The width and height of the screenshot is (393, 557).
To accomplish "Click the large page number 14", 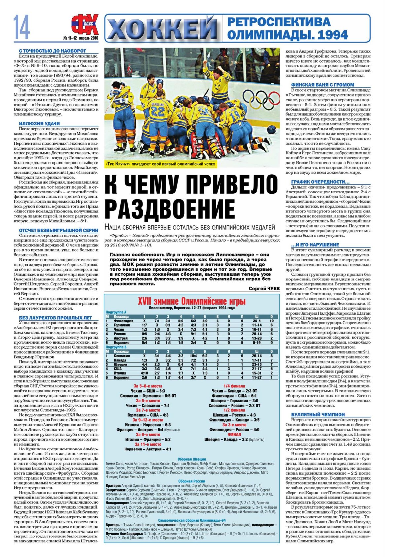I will tap(22, 27).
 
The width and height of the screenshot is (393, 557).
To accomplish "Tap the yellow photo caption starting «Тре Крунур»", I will tap(161, 164).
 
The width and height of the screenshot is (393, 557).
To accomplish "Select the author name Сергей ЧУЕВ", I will tap(264, 288).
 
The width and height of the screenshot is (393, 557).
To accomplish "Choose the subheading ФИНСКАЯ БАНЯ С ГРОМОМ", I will tap(323, 85).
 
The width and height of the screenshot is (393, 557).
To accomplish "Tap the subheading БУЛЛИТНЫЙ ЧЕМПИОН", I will tap(318, 414).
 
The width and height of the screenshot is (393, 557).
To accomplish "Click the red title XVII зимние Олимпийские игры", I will tap(192, 301).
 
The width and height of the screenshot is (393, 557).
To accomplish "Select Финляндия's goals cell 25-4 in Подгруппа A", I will tap(257, 321).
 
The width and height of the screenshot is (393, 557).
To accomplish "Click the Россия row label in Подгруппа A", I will tap(119, 334).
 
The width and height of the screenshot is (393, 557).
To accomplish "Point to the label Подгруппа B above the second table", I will tap(116, 347).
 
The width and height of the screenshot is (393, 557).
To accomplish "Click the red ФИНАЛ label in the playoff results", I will tap(234, 434).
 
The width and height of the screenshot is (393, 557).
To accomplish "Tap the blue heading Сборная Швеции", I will tap(192, 459).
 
